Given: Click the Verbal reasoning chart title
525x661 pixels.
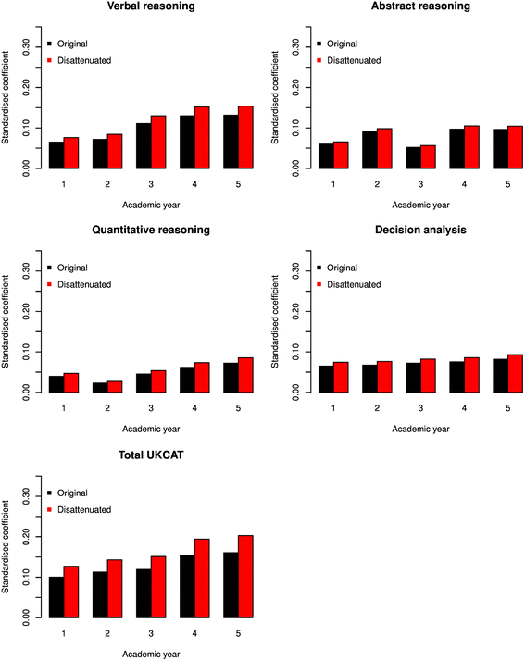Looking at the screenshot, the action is [151, 6].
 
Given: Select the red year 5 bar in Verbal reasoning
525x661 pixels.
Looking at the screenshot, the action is [245, 137].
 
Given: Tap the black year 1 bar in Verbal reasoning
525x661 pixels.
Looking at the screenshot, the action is [56, 156].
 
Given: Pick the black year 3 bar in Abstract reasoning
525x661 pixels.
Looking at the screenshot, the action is [413, 158].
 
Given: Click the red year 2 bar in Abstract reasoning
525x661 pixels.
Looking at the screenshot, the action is [384, 149].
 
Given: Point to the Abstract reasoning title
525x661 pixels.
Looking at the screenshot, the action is [420, 6].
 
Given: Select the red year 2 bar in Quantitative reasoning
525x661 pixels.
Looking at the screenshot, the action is [115, 387].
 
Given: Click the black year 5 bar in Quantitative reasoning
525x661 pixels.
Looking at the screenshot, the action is [231, 378].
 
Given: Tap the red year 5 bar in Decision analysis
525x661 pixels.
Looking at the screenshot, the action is [516, 373].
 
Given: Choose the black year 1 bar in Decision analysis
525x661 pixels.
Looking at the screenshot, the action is [326, 379].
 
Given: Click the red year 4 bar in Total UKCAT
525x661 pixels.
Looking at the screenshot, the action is [202, 579].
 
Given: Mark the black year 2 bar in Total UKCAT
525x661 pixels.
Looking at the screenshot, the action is [100, 595].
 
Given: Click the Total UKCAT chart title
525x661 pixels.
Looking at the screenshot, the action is [151, 455].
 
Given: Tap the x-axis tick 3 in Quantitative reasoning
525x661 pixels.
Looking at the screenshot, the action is [151, 408].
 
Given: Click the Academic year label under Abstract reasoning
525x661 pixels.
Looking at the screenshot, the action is [420, 206].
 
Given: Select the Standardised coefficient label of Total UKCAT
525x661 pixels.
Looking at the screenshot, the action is [5, 547].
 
